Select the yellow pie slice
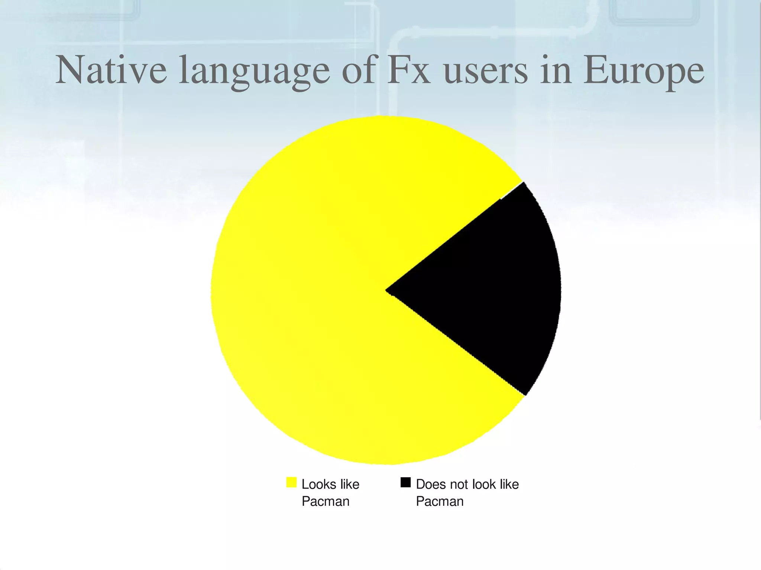click(316, 297)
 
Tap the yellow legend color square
click(291, 482)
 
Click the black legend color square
click(405, 482)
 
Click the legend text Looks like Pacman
click(330, 493)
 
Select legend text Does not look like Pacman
click(467, 493)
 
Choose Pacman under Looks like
click(326, 501)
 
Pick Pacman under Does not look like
click(440, 501)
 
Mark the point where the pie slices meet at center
click(386, 290)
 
